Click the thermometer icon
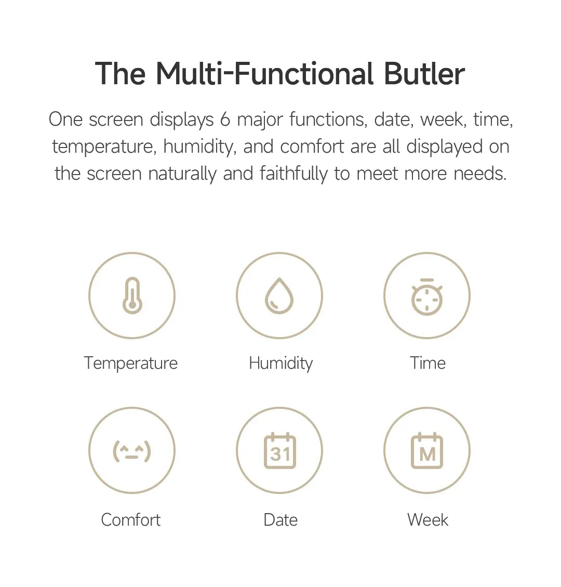pos(132,296)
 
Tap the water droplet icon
pos(279,296)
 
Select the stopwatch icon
pos(427,297)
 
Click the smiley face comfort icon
pos(132,450)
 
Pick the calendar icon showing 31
pos(279,451)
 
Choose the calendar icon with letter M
pos(427,451)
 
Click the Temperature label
pos(131,363)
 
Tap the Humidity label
pos(280,363)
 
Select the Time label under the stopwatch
pos(428,363)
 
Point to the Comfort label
pos(131,519)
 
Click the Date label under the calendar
pos(280,519)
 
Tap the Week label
pos(428,519)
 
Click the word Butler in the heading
pos(424,74)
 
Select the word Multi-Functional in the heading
pos(264,74)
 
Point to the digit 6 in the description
pos(225,119)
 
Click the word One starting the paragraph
pos(65,119)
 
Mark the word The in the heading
pos(121,74)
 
